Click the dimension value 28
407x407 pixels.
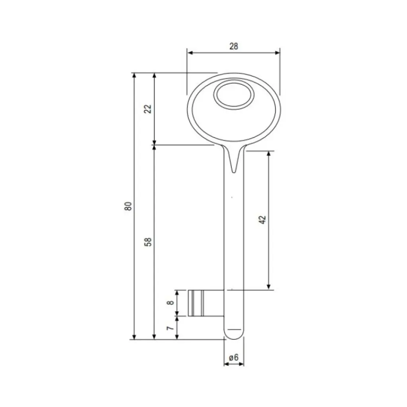click(x=234, y=46)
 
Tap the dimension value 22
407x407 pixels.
click(x=147, y=109)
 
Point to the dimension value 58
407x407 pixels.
click(x=147, y=242)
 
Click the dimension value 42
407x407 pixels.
click(x=262, y=220)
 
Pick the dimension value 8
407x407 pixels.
click(x=170, y=303)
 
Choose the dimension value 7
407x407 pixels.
click(x=170, y=328)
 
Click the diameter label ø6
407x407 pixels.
click(x=234, y=357)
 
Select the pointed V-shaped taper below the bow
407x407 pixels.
click(x=234, y=161)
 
